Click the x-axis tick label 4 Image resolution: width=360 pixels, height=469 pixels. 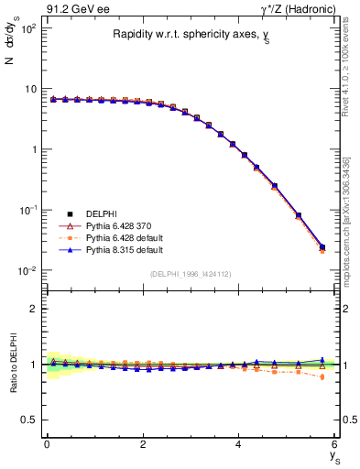pos(239,444)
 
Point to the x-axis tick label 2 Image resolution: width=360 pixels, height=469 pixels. pos(143,444)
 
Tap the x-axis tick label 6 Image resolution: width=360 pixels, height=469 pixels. pos(335,444)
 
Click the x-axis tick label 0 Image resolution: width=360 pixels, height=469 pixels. pos(47,444)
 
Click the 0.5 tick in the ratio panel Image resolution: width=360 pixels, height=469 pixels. pos(29,420)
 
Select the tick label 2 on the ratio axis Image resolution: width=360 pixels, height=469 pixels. pos(35,309)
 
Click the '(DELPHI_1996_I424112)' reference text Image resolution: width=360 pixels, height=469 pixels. pos(191,273)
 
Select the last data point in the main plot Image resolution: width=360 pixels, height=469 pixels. pos(321,247)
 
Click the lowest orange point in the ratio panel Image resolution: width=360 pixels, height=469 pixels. pos(321,376)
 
